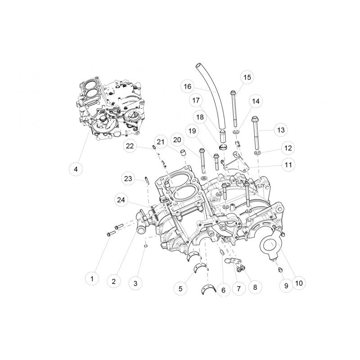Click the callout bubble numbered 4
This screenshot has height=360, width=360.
tap(76, 169)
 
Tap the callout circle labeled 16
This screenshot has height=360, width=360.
tap(188, 85)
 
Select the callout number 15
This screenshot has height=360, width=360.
tap(247, 77)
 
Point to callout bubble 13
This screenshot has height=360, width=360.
tap(281, 130)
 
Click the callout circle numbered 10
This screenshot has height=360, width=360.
tap(298, 283)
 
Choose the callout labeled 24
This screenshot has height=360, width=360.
tap(121, 199)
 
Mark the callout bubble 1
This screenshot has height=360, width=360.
tap(92, 279)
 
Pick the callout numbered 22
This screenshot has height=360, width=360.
tap(130, 146)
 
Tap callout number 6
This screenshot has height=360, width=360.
tap(223, 290)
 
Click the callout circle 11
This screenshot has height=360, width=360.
tap(288, 165)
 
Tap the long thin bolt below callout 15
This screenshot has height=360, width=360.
tap(234, 108)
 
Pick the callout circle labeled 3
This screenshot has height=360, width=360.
tap(135, 283)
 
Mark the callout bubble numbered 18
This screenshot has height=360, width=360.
tap(199, 117)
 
